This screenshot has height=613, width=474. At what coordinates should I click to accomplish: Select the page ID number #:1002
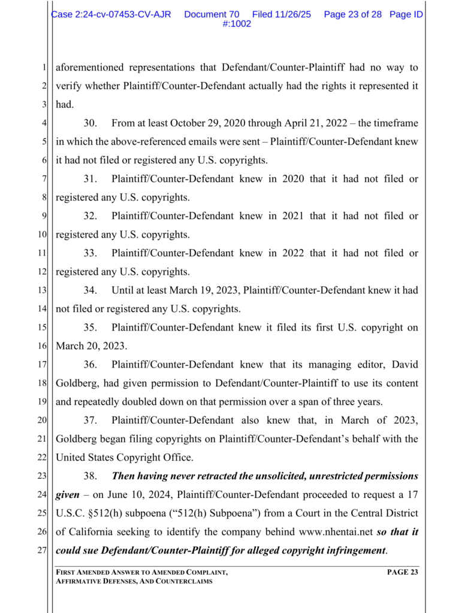click(x=236, y=24)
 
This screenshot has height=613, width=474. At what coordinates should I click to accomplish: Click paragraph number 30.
click(x=90, y=123)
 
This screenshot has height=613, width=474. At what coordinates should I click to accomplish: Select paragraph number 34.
click(x=90, y=290)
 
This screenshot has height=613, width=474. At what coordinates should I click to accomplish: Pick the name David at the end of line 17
click(x=404, y=365)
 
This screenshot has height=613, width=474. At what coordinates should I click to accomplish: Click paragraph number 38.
click(x=90, y=476)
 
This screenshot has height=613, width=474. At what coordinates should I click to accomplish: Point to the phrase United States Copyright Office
click(x=124, y=457)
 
